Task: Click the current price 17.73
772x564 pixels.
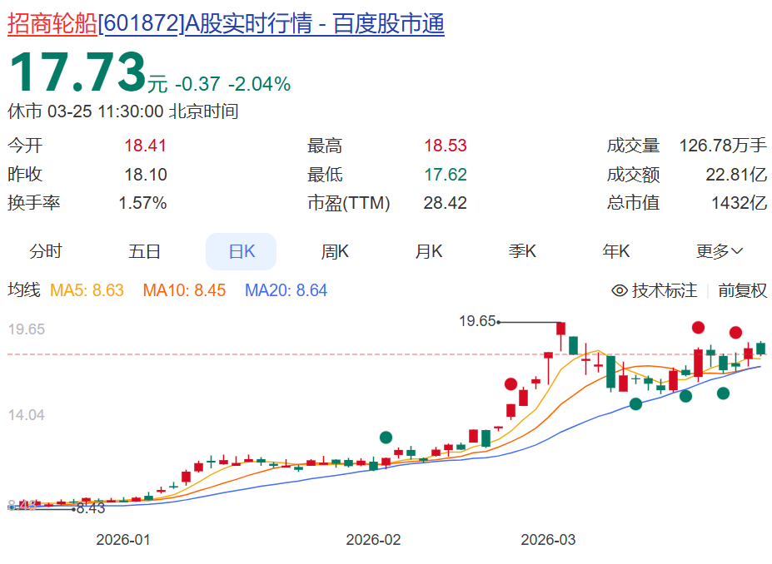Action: click(x=77, y=73)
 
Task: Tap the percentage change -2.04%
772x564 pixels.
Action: click(x=259, y=84)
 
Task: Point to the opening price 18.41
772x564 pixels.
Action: click(x=146, y=146)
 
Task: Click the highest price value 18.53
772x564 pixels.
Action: click(x=446, y=146)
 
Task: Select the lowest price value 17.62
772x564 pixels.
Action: click(x=446, y=175)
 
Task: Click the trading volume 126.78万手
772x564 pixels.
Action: click(x=723, y=146)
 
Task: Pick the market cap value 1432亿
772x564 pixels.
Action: click(x=739, y=203)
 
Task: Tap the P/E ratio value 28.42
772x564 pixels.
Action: click(x=446, y=203)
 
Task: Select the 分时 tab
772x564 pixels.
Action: click(x=46, y=251)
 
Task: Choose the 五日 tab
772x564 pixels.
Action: click(x=145, y=251)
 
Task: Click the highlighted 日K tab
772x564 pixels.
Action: click(x=242, y=251)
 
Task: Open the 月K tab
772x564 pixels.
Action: click(x=429, y=251)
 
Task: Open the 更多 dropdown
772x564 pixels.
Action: click(x=720, y=251)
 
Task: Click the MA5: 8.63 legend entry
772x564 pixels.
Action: click(x=87, y=290)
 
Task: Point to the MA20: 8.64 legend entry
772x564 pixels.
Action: click(x=286, y=290)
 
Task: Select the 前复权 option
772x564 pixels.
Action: click(x=742, y=290)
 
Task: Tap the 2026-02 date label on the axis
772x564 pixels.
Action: click(x=373, y=540)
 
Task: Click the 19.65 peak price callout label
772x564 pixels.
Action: click(x=477, y=321)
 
